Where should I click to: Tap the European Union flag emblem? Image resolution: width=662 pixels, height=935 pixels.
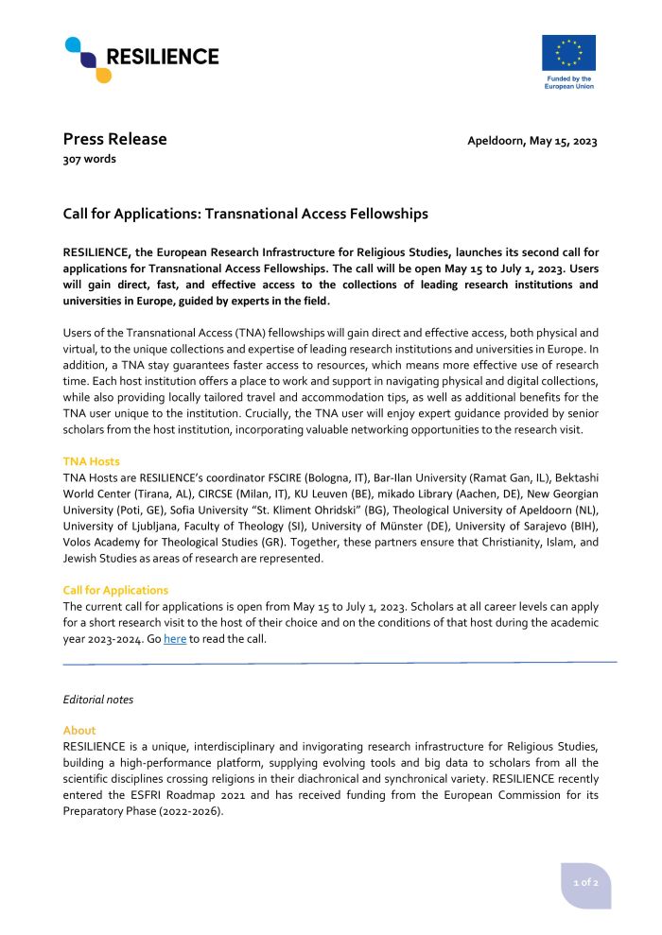568,53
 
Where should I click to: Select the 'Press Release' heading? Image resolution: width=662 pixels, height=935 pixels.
114,140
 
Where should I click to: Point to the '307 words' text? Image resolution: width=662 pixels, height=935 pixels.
90,160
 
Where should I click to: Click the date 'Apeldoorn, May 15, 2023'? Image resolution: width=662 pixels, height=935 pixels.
532,142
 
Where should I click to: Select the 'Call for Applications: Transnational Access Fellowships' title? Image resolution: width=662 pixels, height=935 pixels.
245,215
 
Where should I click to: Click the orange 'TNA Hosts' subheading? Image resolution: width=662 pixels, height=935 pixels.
92,461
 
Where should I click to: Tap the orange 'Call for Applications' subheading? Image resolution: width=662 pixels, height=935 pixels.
115,591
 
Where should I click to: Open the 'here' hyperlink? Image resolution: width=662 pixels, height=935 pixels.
175,639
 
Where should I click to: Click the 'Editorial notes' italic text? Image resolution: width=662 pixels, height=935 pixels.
97,700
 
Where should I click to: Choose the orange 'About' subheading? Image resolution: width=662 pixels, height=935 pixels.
79,731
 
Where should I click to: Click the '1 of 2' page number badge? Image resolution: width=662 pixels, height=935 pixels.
586,882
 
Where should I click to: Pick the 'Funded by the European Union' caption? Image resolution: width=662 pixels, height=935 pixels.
568,82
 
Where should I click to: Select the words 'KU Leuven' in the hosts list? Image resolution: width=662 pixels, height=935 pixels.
311,493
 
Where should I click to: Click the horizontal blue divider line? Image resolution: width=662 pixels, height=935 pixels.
340,663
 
